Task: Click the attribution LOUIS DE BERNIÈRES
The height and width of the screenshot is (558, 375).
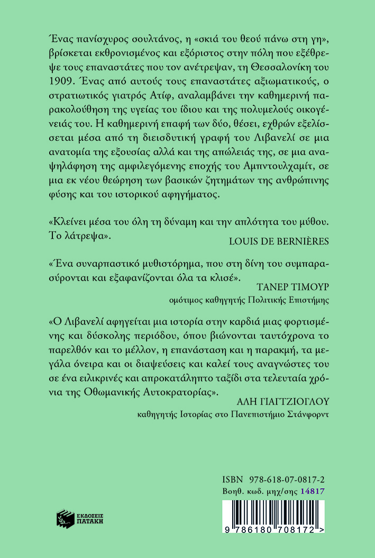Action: [x=279, y=241]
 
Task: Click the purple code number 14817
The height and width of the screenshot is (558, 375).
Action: [x=312, y=491]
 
